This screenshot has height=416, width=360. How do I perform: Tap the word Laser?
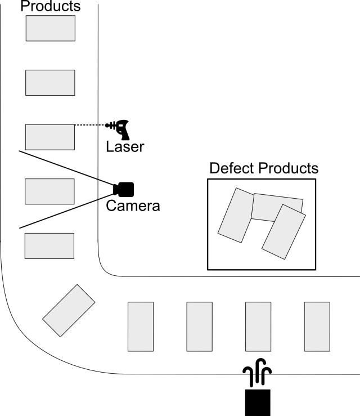click(x=125, y=147)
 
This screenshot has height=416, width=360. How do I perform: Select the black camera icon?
click(x=124, y=189)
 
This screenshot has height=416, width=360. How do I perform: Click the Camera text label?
click(x=133, y=206)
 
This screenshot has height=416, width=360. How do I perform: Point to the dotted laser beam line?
click(x=90, y=125)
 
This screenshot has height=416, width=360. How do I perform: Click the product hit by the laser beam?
click(x=50, y=137)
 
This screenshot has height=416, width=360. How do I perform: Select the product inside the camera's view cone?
click(x=49, y=191)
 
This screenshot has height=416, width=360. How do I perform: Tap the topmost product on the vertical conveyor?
click(x=50, y=28)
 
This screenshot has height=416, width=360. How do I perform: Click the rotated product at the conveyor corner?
click(x=69, y=311)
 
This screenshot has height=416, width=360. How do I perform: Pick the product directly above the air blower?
click(x=258, y=326)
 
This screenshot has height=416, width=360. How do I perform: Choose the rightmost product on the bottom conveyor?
click(x=317, y=326)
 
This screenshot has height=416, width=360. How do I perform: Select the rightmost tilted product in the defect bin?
click(x=283, y=231)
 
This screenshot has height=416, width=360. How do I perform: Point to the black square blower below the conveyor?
click(x=258, y=402)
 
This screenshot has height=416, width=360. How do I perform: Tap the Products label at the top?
click(x=50, y=7)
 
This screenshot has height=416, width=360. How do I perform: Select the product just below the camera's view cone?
click(x=49, y=245)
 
